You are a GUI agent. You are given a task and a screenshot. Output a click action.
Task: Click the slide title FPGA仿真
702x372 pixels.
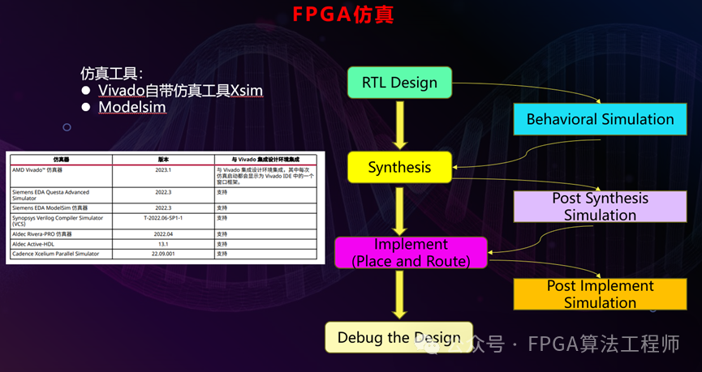342,15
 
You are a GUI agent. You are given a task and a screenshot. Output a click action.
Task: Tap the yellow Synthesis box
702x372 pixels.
399,168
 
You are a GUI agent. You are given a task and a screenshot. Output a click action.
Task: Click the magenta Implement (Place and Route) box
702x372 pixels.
411,252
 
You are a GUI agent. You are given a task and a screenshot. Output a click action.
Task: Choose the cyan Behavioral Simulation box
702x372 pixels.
600,119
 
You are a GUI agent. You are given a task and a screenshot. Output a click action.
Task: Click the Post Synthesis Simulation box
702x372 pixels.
600,207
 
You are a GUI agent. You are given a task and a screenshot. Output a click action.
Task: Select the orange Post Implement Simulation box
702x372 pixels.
600,294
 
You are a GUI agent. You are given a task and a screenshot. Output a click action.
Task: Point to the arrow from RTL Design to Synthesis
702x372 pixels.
399,125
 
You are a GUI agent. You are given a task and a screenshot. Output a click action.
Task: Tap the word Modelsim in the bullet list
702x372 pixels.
132,107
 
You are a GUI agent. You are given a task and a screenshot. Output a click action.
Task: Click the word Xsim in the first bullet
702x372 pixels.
246,89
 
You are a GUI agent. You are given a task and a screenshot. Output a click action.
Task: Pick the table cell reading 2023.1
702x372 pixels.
162,170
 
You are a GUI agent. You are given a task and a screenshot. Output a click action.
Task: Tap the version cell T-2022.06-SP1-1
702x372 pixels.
162,218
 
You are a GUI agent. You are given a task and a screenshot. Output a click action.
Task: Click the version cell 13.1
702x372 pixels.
162,243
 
